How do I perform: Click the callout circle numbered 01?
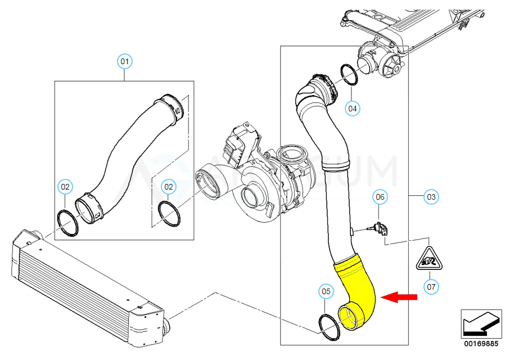(124, 61)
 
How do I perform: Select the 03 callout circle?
(431, 197)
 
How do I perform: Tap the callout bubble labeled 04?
(352, 109)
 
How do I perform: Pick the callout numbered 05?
(326, 291)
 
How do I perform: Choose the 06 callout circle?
(380, 197)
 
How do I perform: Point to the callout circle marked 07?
(431, 287)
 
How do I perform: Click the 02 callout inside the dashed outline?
(168, 186)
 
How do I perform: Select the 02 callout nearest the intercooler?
(65, 186)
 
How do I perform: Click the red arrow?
(399, 298)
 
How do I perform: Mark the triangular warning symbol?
(428, 259)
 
